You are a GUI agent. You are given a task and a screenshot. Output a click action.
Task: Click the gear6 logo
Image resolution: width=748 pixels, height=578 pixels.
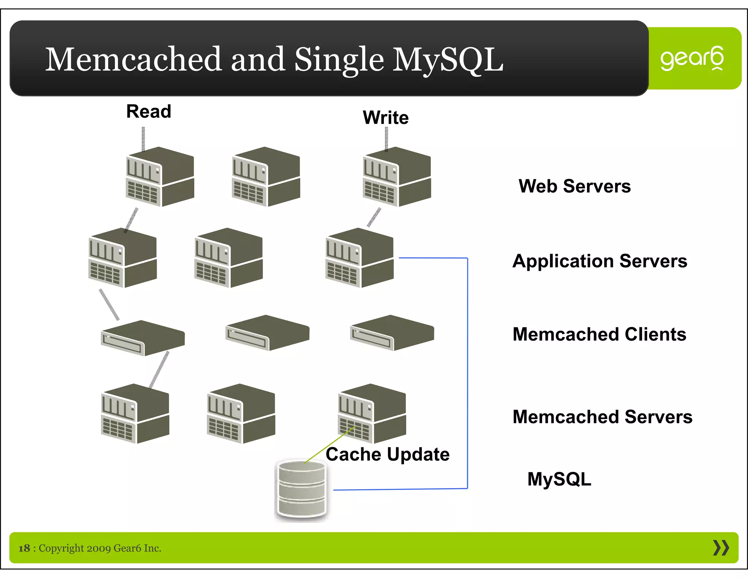coord(692,58)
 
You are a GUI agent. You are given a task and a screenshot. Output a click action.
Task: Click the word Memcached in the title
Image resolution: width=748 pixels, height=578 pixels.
coord(133,59)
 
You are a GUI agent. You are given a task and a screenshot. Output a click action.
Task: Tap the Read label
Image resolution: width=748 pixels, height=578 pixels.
coord(149,111)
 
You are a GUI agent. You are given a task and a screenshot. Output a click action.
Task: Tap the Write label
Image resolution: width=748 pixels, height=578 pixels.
coord(386,118)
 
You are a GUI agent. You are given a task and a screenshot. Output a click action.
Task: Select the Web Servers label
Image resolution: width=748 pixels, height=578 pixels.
coord(575,186)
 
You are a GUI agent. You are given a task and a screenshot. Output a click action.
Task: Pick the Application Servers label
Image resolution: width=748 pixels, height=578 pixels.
coord(600,261)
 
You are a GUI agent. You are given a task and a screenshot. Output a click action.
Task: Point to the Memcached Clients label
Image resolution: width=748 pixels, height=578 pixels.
coord(599,334)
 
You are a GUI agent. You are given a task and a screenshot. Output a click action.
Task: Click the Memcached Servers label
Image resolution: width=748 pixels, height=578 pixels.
coord(602,417)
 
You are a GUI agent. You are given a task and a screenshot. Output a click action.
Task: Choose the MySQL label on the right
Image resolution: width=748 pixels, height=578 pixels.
coord(559,479)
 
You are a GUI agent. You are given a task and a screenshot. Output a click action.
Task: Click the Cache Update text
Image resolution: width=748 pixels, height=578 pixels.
coord(388,455)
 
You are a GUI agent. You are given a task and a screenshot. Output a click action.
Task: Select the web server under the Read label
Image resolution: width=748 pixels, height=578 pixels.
coord(160,177)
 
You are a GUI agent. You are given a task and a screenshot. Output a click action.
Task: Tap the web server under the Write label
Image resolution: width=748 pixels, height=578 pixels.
coord(397,177)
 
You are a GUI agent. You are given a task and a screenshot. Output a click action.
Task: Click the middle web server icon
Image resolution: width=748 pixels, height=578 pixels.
coord(266,177)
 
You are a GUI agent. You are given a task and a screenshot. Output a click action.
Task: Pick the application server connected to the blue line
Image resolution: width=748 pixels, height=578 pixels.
coord(359,258)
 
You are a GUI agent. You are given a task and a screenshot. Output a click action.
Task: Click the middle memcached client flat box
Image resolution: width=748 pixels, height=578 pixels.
coord(267,333)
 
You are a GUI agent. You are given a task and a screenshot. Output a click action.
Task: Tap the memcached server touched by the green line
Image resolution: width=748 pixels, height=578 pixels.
coord(372,414)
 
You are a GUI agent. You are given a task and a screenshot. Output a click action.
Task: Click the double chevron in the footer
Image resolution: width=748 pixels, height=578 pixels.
coord(721,548)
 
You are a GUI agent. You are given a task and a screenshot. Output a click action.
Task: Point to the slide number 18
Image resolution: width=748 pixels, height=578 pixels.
coord(24,548)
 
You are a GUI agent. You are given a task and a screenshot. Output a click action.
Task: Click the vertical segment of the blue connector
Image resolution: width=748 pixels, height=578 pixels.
coord(467,373)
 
